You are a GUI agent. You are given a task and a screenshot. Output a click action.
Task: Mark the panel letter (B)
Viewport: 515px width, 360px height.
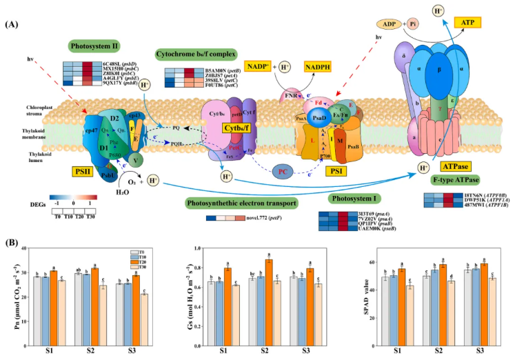coord(12,243)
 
